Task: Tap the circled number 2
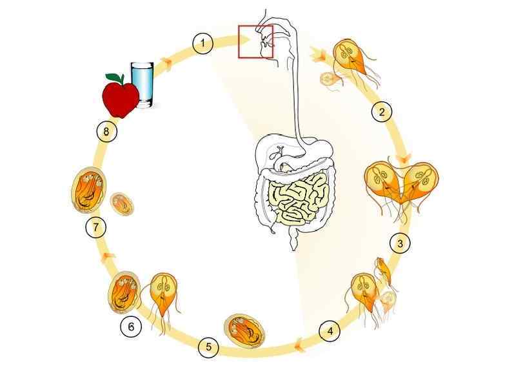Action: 382,112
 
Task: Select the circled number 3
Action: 400,243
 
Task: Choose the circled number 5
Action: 208,347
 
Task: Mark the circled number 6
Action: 131,327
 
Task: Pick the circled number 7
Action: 95,227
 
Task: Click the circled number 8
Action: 106,132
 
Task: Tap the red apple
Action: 120,97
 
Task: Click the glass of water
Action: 143,84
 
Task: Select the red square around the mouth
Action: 256,41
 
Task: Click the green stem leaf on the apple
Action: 118,78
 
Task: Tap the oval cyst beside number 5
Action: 244,329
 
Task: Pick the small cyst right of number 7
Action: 122,204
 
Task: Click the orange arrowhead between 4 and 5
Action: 300,349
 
